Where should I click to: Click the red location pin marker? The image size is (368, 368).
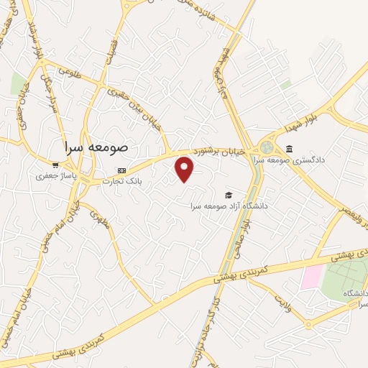point(185,170)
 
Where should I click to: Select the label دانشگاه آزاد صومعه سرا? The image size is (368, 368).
point(229,206)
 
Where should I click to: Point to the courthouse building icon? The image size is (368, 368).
point(289,149)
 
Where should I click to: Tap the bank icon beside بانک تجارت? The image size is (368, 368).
point(121,170)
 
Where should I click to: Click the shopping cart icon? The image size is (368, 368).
point(55,165)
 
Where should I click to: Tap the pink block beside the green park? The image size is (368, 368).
point(313,277)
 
